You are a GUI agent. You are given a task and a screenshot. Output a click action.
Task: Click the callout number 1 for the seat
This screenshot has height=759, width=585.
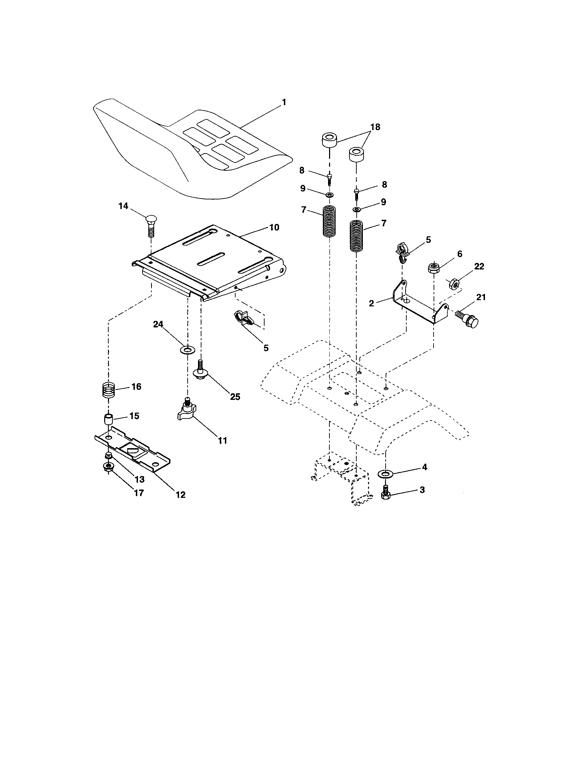point(284,102)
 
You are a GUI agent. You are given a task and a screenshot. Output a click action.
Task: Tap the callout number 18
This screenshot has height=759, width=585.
point(375,127)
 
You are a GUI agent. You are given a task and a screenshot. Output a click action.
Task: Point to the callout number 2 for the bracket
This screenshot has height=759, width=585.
point(371,303)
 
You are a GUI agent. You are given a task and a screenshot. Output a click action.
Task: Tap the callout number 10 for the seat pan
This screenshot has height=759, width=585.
point(274,227)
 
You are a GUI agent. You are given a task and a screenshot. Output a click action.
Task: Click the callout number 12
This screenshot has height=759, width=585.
point(180,494)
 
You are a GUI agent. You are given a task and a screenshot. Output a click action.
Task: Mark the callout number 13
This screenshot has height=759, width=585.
point(139,480)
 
